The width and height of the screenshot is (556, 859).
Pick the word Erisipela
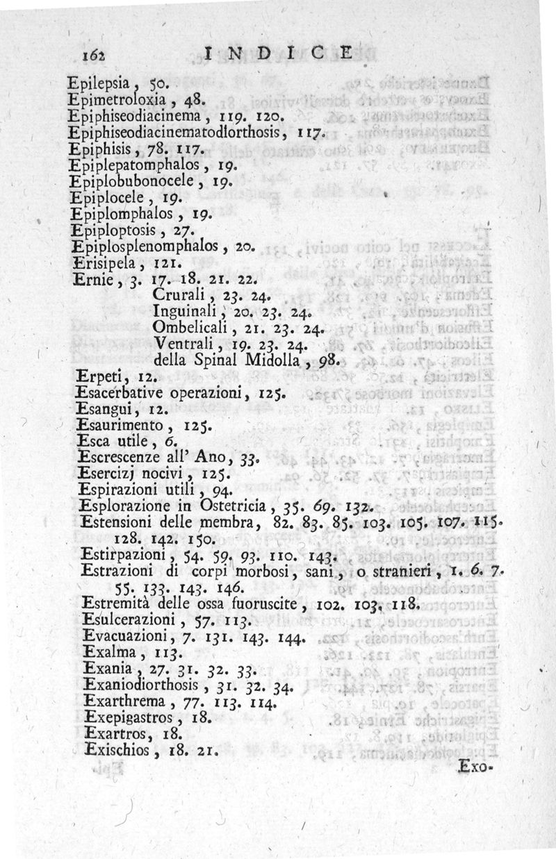click(x=100, y=263)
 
